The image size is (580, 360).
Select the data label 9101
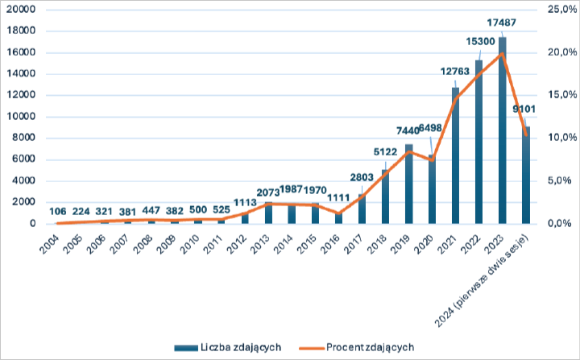[524, 109]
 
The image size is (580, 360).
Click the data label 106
[57, 212]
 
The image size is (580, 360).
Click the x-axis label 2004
[50, 241]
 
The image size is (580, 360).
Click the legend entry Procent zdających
[371, 347]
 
